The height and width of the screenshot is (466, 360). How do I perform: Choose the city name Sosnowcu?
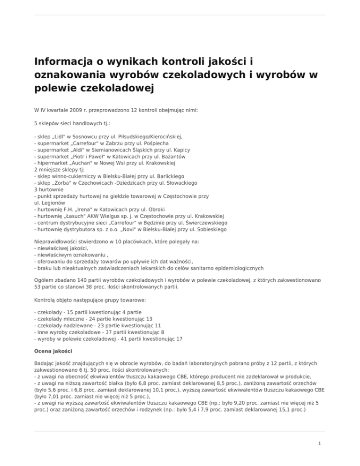click(x=90, y=137)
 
